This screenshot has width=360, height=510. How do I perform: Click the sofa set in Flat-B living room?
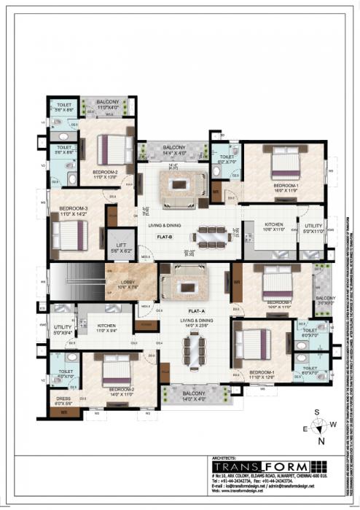point(174,189)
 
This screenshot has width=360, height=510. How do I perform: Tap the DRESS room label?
point(63,399)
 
